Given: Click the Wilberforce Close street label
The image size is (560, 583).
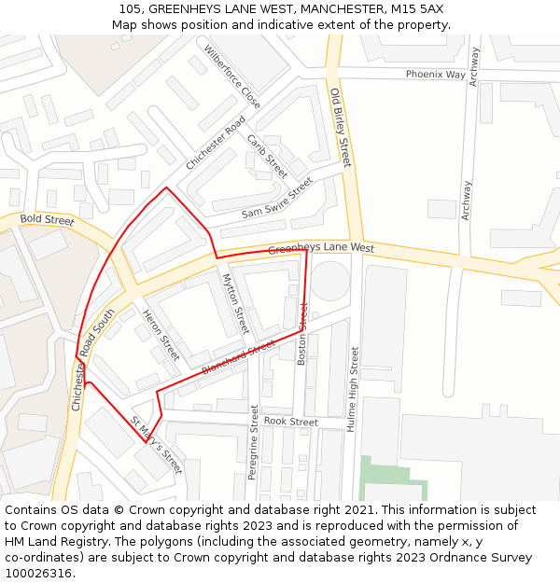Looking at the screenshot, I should [232, 76].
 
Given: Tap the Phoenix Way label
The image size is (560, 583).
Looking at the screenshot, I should [435, 74].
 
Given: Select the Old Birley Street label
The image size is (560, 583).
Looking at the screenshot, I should [340, 127].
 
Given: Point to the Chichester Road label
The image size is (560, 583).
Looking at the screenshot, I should [215, 143].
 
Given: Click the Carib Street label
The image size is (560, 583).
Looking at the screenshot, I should [267, 156].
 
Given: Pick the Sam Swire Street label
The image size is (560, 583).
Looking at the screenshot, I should [277, 199].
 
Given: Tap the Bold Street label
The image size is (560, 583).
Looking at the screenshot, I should [47, 221].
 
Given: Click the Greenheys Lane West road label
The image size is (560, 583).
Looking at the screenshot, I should [321, 249].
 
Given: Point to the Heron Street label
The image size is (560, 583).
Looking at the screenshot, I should [161, 335].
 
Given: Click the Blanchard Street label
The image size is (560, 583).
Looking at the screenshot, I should [238, 359].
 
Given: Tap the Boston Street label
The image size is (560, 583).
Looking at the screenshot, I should [301, 333].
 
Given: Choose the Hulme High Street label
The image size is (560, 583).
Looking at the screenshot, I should [353, 388].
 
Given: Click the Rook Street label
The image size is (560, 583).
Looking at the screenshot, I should [291, 422].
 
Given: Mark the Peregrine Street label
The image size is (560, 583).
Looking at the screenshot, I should [253, 442].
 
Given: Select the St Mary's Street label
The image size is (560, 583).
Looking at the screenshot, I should [156, 445].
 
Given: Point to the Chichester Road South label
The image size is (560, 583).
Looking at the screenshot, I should [91, 359].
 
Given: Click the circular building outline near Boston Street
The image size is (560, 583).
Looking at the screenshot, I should [329, 281].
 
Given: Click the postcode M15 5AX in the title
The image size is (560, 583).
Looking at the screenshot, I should [412, 8].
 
